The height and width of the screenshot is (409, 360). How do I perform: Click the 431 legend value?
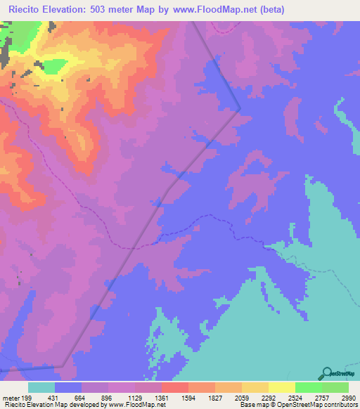pyautogui.click(x=60, y=397)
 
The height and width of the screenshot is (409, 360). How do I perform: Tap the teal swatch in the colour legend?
pyautogui.click(x=41, y=387)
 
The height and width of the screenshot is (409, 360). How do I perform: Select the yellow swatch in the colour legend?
pyautogui.click(x=282, y=387)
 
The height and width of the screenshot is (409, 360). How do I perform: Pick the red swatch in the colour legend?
pyautogui.click(x=175, y=387)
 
